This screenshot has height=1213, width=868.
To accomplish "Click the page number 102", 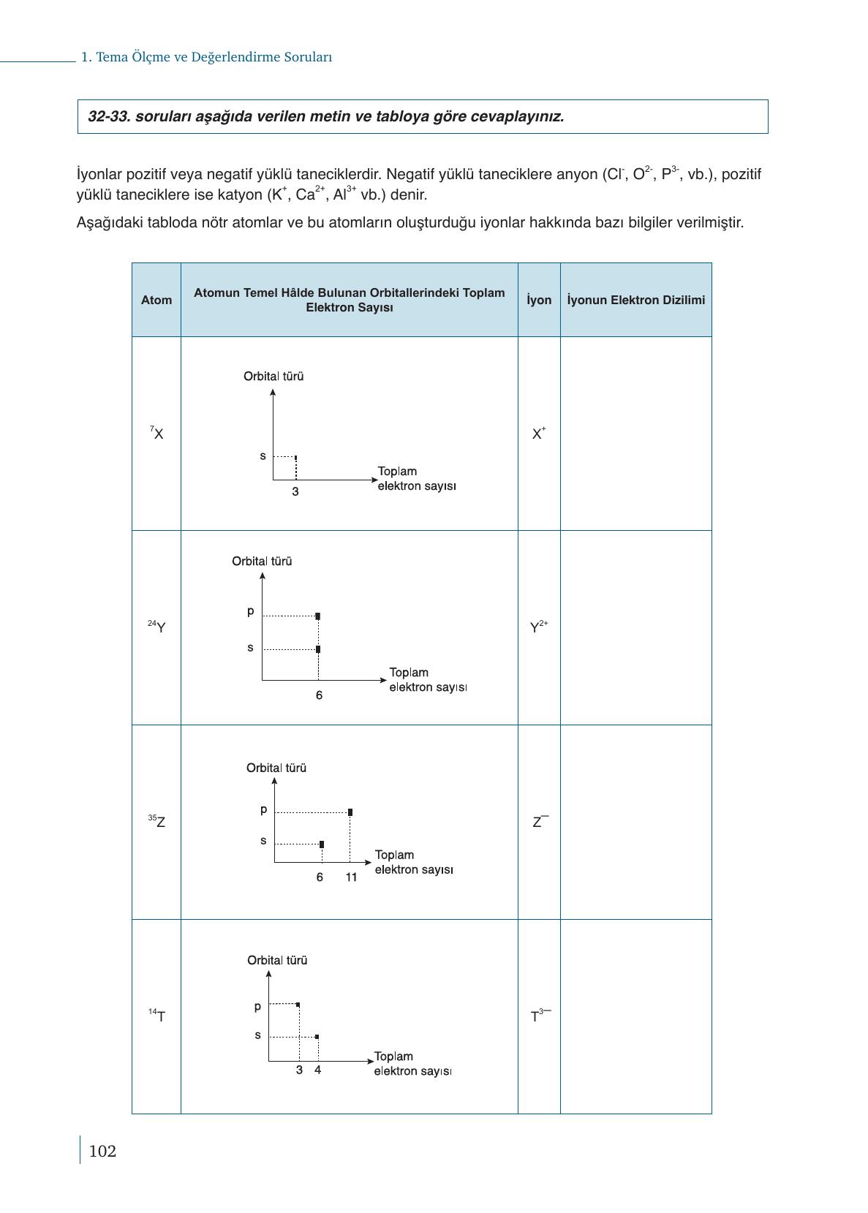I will click(102, 1152).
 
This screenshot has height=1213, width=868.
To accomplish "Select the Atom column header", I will click(156, 300).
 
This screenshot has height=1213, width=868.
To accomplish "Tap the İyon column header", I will click(539, 300).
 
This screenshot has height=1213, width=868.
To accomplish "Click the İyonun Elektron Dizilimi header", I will click(635, 300).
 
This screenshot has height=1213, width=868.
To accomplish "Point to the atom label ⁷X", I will click(156, 433).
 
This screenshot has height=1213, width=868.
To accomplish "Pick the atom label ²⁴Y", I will click(156, 627).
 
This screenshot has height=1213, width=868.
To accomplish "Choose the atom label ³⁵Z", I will click(156, 821).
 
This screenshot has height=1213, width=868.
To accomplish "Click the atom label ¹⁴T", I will click(156, 1016).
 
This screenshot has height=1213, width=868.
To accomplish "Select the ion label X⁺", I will click(539, 433).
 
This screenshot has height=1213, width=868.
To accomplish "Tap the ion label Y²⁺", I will click(539, 627).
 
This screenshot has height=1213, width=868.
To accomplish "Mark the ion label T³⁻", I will click(540, 1016).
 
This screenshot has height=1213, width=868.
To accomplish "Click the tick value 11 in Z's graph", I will click(352, 877).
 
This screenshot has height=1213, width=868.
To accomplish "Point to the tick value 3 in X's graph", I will click(295, 492).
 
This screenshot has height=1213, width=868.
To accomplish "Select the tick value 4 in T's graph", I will click(317, 1070).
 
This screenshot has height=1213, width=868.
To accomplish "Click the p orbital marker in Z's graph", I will click(350, 812).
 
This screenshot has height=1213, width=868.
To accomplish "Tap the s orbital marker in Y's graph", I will click(318, 649).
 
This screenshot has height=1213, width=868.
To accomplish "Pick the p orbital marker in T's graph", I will click(298, 1005).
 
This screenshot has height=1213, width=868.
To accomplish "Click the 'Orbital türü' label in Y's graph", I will click(262, 562).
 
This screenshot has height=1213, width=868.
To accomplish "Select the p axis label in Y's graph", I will click(251, 611).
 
